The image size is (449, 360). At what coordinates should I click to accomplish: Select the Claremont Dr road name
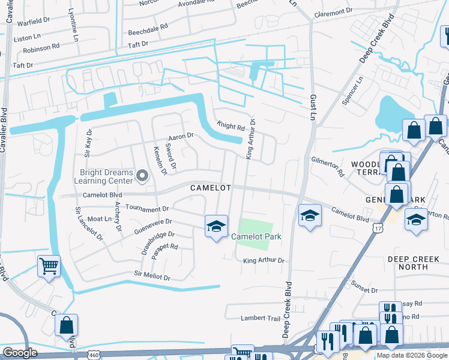(x=333, y=12)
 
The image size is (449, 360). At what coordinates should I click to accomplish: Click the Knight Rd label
(x=231, y=127)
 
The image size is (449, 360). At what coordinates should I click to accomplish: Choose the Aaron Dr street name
(x=182, y=136)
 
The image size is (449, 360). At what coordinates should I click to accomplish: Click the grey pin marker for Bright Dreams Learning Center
(x=142, y=176)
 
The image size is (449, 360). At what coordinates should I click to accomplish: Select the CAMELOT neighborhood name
(x=211, y=188)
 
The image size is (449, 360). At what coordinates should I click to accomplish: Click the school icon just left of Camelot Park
(x=216, y=226)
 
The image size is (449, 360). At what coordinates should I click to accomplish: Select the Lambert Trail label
(x=261, y=318)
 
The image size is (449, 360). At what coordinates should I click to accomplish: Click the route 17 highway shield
(x=377, y=228)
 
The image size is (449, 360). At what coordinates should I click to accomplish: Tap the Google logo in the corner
(x=20, y=353)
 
